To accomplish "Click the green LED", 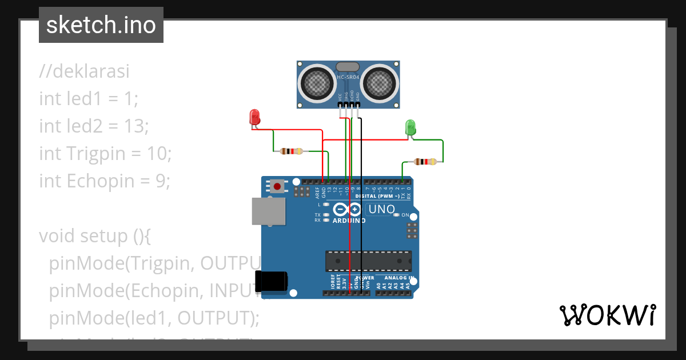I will pyautogui.click(x=410, y=127).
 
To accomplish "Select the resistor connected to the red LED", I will pyautogui.click(x=292, y=151).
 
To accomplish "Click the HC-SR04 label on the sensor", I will pyautogui.click(x=348, y=77).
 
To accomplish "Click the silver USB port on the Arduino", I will pyautogui.click(x=268, y=211).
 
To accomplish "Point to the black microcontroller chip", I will pyautogui.click(x=368, y=261).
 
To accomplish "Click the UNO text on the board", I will pyautogui.click(x=381, y=209).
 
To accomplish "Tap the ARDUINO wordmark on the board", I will pyautogui.click(x=349, y=221).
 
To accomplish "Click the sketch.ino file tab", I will pyautogui.click(x=101, y=25).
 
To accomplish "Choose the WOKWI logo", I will pyautogui.click(x=608, y=315).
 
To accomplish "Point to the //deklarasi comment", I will pyautogui.click(x=85, y=71).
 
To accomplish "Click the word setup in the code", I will pyautogui.click(x=105, y=235).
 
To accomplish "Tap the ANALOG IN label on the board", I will pyautogui.click(x=399, y=278).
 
